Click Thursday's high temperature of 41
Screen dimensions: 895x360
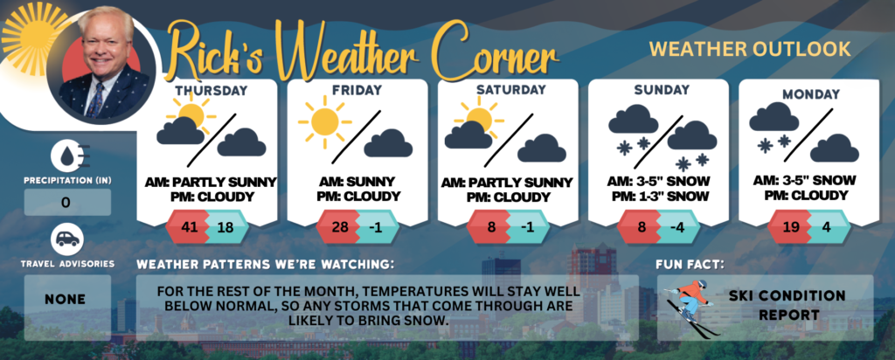[x=189, y=226]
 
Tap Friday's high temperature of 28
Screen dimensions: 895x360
[x=340, y=226]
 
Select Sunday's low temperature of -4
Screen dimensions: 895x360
[x=678, y=226]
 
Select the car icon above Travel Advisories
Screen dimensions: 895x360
[x=67, y=240]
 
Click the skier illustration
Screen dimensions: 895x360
[x=688, y=307]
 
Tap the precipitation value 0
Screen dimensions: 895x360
[x=66, y=203]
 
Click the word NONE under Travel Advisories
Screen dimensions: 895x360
[x=66, y=299]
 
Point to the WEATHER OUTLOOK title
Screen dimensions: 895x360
[x=750, y=49]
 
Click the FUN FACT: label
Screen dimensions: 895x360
[x=690, y=265]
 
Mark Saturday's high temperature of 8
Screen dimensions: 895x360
[x=491, y=226]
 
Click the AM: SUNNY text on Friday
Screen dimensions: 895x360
[x=357, y=182]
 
